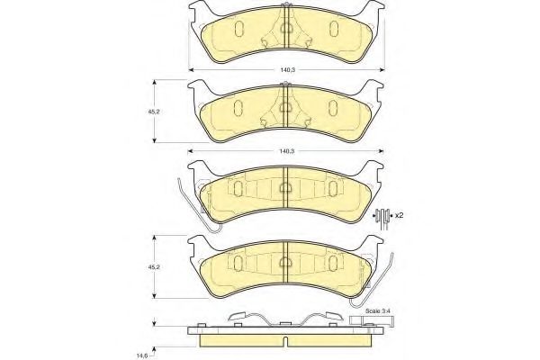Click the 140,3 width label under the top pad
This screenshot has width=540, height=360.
287,70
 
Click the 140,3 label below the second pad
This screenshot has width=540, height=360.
287,151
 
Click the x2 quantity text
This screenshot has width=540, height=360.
399,215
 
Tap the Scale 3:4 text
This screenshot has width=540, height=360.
378,310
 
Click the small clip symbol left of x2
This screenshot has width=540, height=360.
382,217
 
